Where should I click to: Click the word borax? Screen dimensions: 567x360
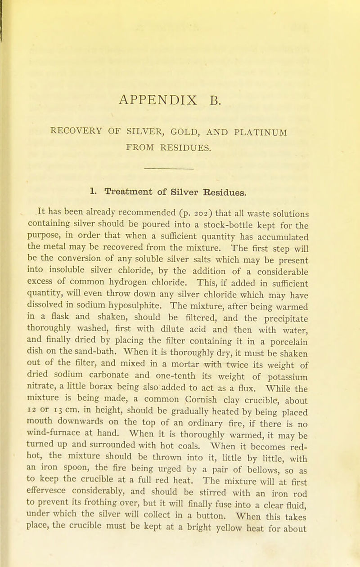[129, 375]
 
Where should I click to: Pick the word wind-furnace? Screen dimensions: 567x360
[52, 422]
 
